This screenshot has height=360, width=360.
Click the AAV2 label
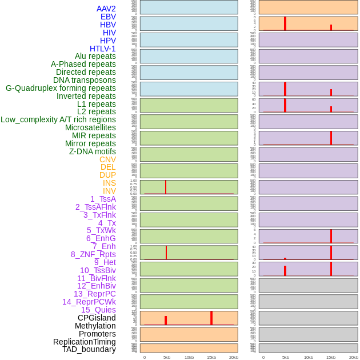click(x=106, y=9)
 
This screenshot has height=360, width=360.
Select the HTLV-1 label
click(x=102, y=49)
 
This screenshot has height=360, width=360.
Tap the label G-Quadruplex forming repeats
click(x=61, y=88)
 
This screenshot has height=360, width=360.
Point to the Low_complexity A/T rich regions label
click(x=58, y=119)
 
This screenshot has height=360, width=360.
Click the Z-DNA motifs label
click(x=92, y=151)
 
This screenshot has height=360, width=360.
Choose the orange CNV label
click(x=107, y=159)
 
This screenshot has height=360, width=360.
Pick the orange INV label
click(x=109, y=191)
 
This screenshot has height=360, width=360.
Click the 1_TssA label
click(x=103, y=199)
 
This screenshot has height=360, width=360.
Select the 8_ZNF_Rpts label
click(x=93, y=254)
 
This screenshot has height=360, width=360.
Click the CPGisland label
click(x=97, y=318)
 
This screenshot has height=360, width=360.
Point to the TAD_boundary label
click(x=89, y=349)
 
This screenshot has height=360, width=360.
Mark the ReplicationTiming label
click(x=85, y=342)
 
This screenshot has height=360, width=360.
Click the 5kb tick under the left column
click(x=167, y=357)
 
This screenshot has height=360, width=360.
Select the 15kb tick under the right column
click(x=331, y=357)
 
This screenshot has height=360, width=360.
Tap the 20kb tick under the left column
click(x=234, y=357)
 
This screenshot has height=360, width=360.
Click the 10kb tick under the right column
click(x=309, y=357)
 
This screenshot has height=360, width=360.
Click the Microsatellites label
click(x=90, y=127)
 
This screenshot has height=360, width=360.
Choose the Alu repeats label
click(x=95, y=56)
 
